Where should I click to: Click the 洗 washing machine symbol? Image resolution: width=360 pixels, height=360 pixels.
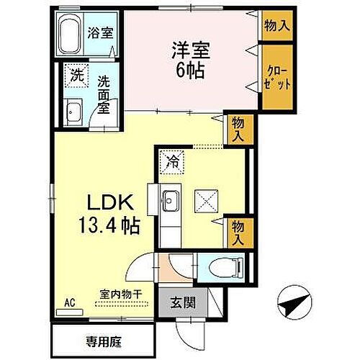pos(75,73)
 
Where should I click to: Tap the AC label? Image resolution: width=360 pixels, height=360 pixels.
pos(70,302)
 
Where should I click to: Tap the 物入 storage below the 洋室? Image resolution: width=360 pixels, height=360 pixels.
pos(237,129)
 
